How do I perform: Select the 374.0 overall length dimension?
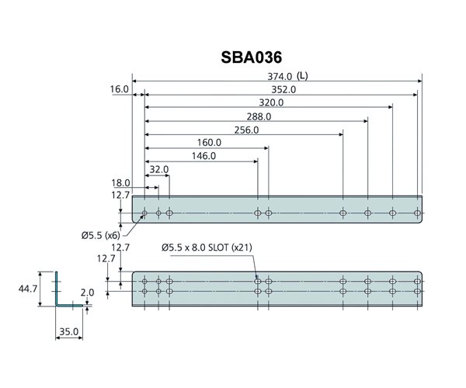point(278,76)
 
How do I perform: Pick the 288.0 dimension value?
point(258,116)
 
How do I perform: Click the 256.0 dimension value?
point(245,130)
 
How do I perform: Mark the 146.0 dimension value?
point(203,156)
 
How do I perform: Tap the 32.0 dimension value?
point(158,169)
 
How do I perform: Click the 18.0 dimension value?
point(120,182)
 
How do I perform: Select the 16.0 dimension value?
point(119,89)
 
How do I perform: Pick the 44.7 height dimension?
point(29,288)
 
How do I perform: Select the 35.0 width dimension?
point(68,332)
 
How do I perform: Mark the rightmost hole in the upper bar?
point(418,213)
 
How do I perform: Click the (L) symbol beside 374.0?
point(303,76)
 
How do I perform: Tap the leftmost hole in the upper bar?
point(144,213)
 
